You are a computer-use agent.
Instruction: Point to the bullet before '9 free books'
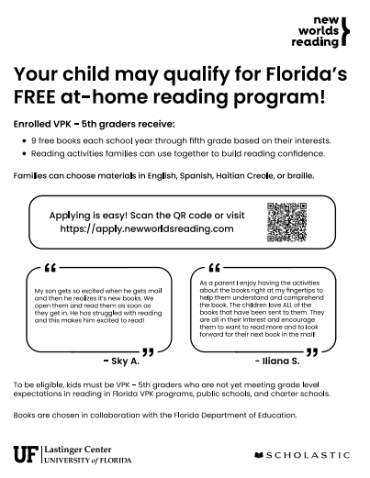pyautogui.click(x=22, y=140)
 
